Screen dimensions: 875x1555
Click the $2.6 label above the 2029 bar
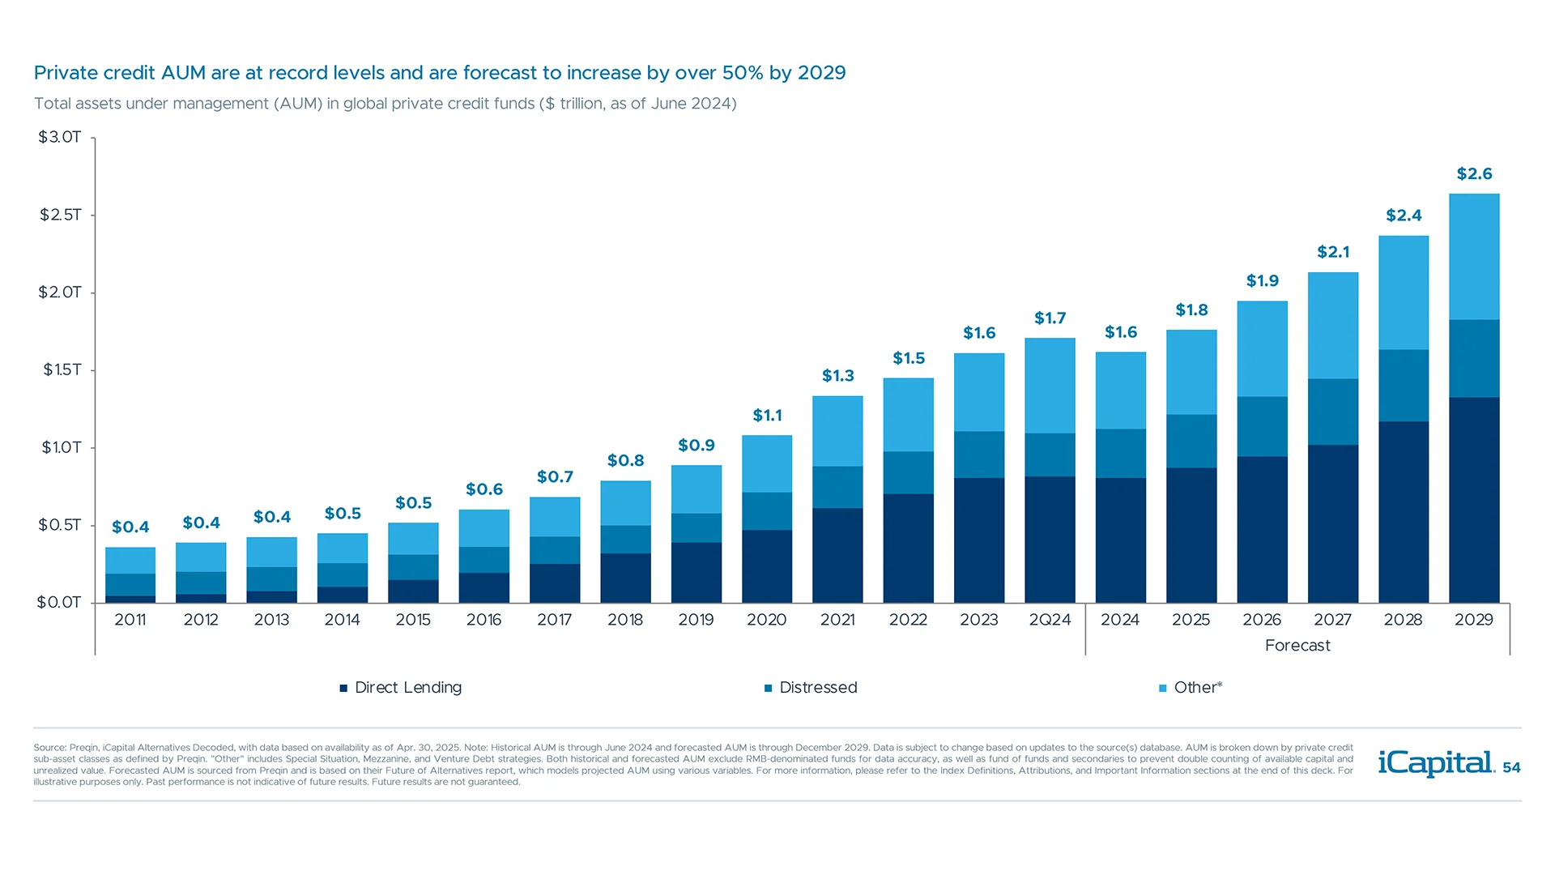(1474, 174)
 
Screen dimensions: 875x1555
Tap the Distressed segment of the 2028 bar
(1403, 386)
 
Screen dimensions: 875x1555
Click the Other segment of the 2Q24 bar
(1050, 386)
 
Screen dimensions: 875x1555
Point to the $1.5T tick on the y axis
(62, 370)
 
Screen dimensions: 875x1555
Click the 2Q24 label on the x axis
(1050, 620)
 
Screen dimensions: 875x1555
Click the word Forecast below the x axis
(1297, 646)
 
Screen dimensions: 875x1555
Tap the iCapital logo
(1436, 763)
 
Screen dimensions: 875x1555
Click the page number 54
(1511, 768)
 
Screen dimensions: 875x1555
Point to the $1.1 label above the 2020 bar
(767, 416)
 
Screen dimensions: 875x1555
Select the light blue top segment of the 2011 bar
(130, 561)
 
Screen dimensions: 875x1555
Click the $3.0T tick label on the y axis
(60, 137)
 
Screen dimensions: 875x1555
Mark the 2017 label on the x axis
(554, 620)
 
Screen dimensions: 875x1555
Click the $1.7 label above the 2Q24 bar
(1050, 318)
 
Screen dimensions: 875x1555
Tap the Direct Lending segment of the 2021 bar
(837, 555)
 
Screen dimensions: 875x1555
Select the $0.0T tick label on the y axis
(59, 603)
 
